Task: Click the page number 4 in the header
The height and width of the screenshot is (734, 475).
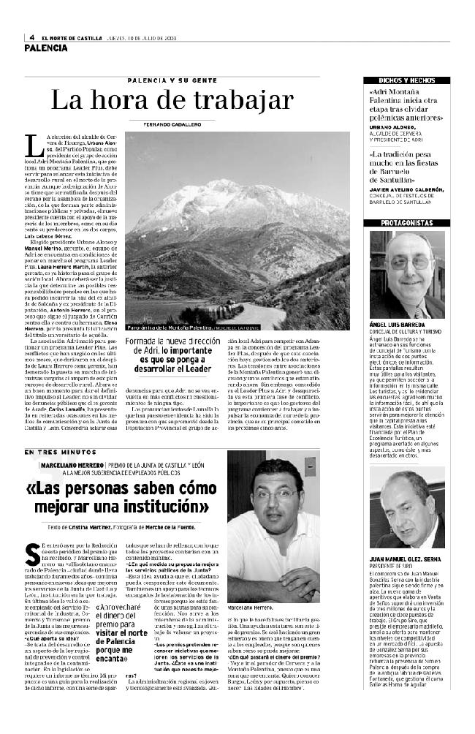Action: click(34, 38)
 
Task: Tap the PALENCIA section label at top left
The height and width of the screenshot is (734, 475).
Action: click(45, 48)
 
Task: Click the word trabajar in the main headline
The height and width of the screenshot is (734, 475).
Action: click(244, 100)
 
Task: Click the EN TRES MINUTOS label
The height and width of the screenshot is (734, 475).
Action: click(54, 455)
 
